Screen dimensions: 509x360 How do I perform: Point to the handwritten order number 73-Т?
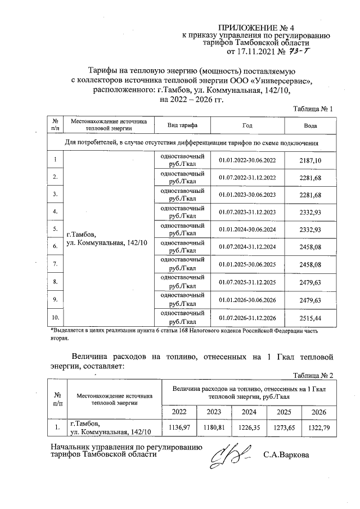[299, 52]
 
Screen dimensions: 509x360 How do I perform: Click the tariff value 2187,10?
[310, 161]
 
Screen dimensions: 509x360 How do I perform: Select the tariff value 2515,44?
[310, 318]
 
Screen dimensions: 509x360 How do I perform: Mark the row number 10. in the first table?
[55, 318]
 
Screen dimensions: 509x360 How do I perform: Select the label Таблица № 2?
[314, 375]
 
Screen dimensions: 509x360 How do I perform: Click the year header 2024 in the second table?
[248, 412]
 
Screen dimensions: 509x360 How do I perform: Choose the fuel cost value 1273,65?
[283, 428]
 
